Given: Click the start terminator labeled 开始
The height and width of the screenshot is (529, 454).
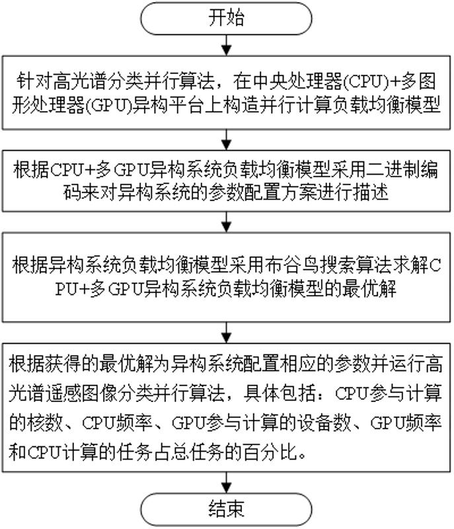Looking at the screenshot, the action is [227, 18].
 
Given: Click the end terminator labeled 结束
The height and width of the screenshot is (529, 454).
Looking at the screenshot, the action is [227, 509].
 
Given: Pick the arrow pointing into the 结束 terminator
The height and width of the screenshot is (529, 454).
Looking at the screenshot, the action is [227, 481].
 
